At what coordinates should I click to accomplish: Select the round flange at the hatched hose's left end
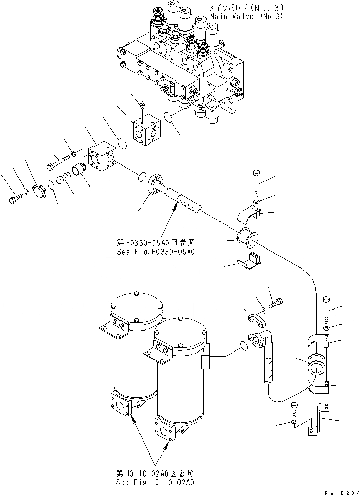154,188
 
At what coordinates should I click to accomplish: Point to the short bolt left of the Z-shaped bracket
294,408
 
